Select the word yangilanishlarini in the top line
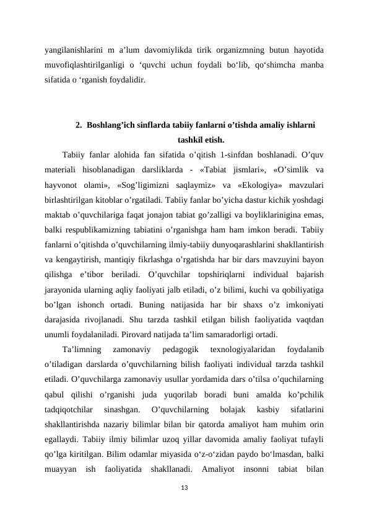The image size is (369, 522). tap(72, 49)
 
